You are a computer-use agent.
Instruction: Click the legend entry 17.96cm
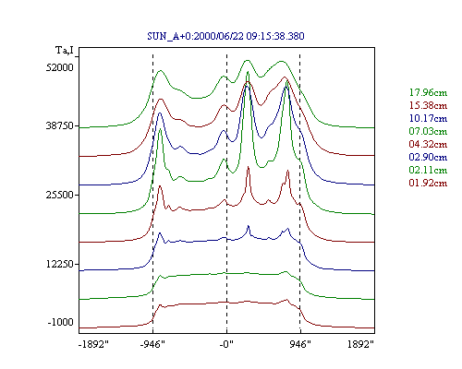pos(428,92)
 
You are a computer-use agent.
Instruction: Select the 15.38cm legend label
pos(428,105)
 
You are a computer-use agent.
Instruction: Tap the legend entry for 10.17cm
pos(428,118)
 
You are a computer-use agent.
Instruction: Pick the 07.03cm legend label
pos(428,131)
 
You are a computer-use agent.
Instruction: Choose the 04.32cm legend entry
pos(428,144)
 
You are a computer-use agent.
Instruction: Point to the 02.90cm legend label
pos(428,157)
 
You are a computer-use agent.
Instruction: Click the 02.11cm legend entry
pos(428,170)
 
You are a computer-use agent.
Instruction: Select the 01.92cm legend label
pos(428,183)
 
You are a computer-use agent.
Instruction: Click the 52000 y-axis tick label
pos(60,67)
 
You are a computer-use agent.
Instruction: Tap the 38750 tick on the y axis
pos(60,125)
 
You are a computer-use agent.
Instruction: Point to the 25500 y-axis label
pos(60,195)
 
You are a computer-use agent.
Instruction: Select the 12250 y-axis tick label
pos(60,264)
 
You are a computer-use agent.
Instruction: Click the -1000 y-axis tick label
pos(61,322)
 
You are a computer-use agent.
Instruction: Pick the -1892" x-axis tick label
pos(94,344)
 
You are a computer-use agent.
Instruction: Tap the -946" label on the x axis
pos(152,344)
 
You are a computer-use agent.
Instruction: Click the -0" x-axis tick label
pos(226,344)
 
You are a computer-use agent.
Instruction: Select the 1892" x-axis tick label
pos(360,344)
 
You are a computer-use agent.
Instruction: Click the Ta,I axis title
pos(65,50)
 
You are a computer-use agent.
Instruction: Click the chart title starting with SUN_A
pos(225,36)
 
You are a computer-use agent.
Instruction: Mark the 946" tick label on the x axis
pos(300,344)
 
